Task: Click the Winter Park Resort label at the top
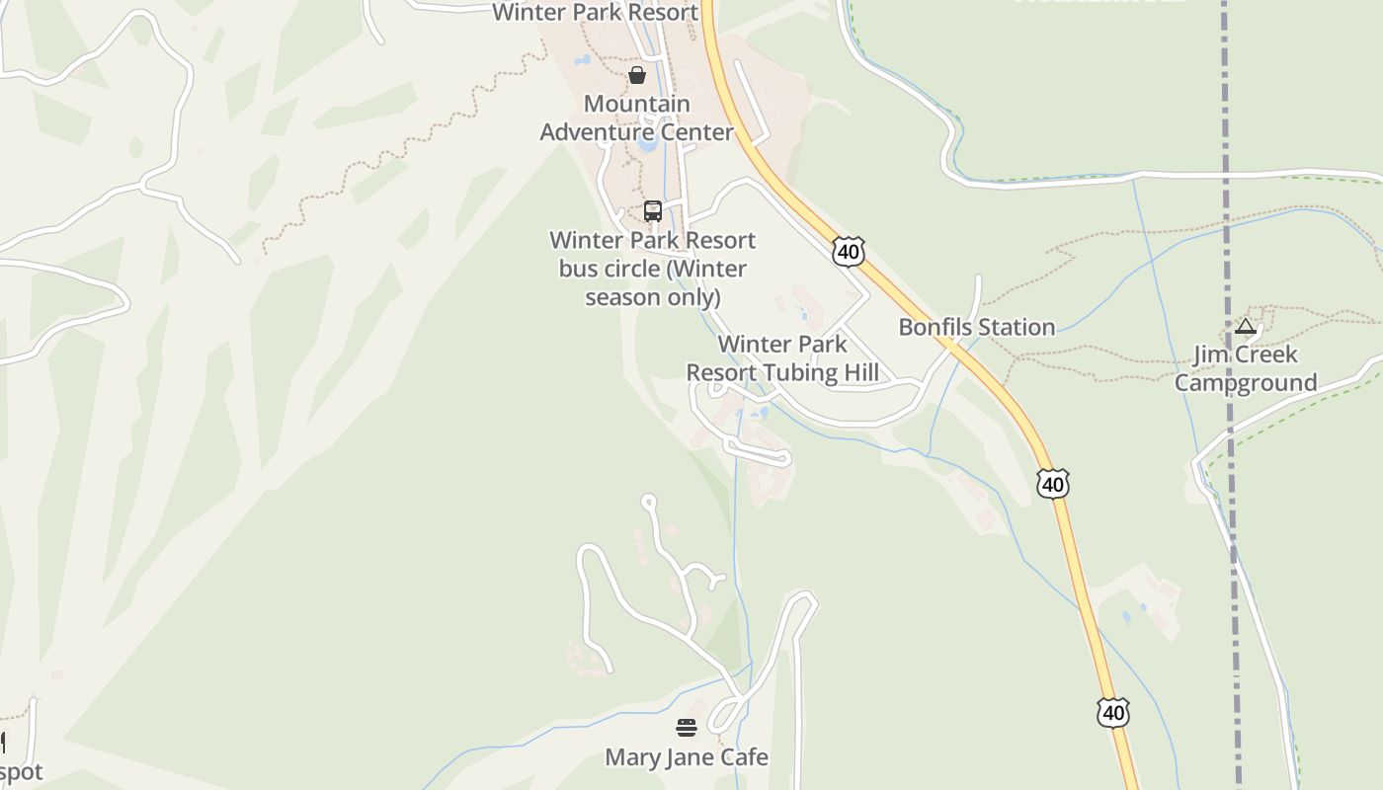tap(595, 12)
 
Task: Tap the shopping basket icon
tap(637, 74)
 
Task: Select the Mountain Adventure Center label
tap(637, 118)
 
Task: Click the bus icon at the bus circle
tap(652, 210)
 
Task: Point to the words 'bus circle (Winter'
tap(652, 269)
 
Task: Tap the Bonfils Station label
tap(976, 327)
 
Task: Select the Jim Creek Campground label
tap(1245, 368)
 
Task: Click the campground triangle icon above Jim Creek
tap(1245, 327)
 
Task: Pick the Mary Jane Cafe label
tap(686, 757)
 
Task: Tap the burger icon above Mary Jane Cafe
tap(687, 729)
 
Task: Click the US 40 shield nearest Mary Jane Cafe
tap(1112, 712)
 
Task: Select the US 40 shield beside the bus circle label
tap(848, 251)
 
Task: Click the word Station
tap(1017, 327)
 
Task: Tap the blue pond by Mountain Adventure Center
tap(647, 144)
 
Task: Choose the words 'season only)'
tap(652, 296)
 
